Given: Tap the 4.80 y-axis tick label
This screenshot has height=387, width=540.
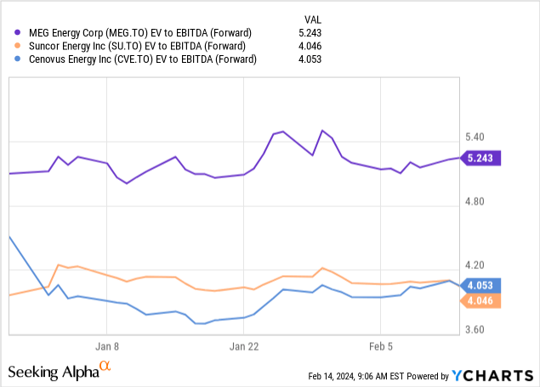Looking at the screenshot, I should click(475, 202).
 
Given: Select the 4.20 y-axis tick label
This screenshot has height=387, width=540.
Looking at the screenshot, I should click(475, 266).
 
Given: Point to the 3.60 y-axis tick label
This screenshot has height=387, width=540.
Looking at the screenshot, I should click(475, 330).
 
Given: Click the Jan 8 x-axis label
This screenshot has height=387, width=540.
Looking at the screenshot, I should click(106, 346).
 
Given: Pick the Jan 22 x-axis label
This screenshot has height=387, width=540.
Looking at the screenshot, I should click(243, 346).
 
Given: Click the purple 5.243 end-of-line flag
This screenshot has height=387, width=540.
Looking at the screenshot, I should click(481, 157).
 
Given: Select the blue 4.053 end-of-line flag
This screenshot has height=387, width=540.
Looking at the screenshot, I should click(481, 285).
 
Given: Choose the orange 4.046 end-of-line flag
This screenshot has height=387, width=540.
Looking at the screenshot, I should click(481, 300).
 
